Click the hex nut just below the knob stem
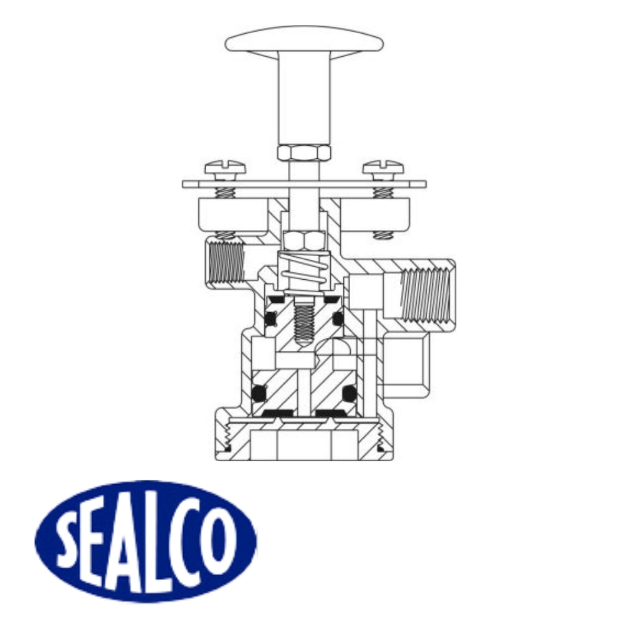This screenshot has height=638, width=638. pyautogui.click(x=303, y=153)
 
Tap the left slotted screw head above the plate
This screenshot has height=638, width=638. pyautogui.click(x=225, y=168)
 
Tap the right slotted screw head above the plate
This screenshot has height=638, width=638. pyautogui.click(x=383, y=167)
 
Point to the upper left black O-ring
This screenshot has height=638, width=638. pyautogui.click(x=270, y=319)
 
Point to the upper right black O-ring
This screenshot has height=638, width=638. pyautogui.click(x=338, y=318)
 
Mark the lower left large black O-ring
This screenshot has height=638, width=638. pyautogui.click(x=259, y=393)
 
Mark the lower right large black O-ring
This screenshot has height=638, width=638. pyautogui.click(x=350, y=393)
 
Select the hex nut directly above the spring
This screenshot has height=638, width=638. pyautogui.click(x=303, y=239)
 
